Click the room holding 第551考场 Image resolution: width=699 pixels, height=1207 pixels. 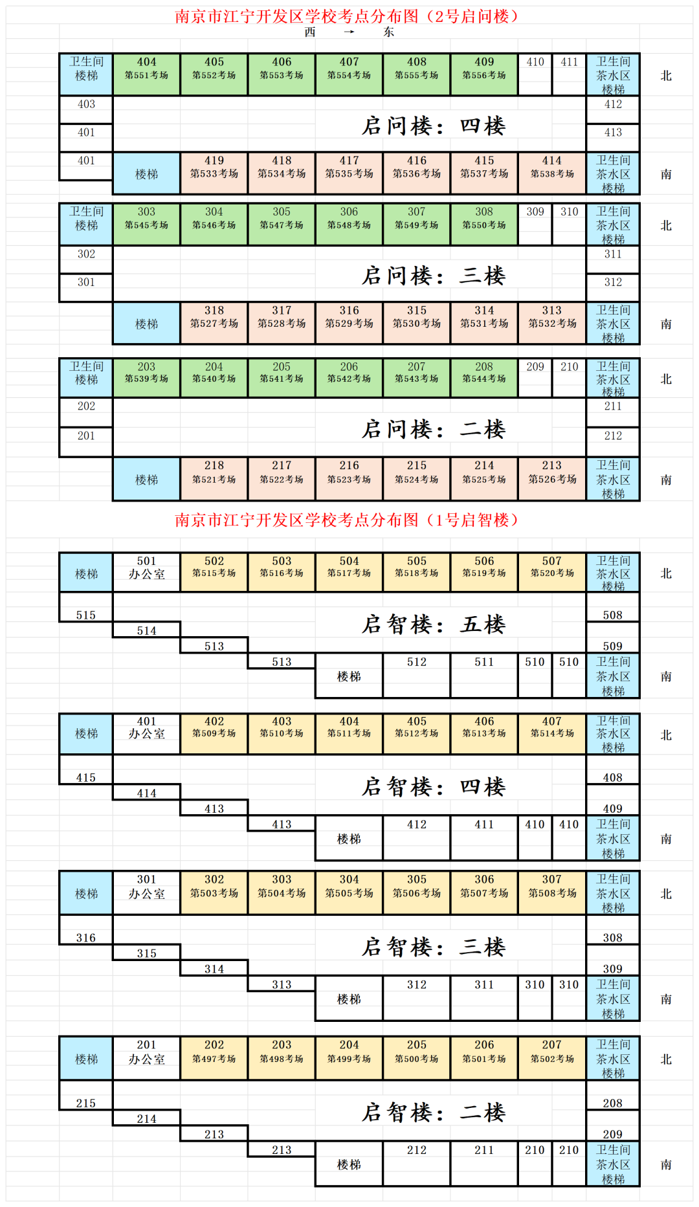pos(147,74)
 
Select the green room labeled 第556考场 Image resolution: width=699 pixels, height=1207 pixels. pos(484,74)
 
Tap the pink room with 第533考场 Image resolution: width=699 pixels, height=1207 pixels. pos(214,173)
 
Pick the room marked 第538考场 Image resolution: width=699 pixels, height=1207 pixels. pos(552,173)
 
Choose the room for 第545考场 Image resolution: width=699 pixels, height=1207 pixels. pos(147,225)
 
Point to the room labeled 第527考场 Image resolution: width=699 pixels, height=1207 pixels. pos(214,323)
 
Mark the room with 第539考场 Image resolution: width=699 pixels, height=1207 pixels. pos(147,378)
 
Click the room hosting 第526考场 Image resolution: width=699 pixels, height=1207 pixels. pos(552,479)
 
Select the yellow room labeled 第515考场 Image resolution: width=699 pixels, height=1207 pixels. pos(214,572)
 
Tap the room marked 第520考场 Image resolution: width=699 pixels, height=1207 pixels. pos(552,572)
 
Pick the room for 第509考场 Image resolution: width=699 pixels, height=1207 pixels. pos(214,734)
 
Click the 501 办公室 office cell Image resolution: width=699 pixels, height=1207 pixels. pos(147,572)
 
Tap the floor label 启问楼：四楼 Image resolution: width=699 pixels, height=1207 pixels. pos(433,126)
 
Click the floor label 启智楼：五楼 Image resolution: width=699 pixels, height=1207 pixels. pos(433,624)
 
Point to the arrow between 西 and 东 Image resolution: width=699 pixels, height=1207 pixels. pos(349,32)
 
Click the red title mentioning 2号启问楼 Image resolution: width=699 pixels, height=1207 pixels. pos(347,16)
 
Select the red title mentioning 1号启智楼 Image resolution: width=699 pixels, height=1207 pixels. pos(347,520)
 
